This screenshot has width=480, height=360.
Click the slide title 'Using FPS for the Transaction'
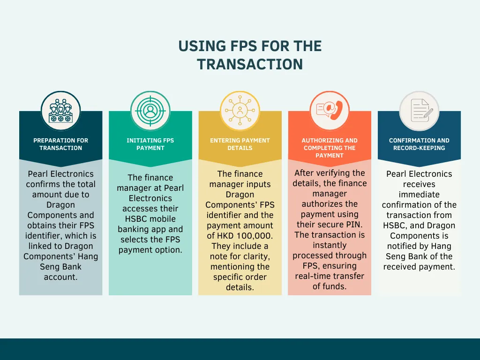250,55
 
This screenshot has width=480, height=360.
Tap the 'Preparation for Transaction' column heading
60,144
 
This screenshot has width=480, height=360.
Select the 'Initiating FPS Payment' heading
150,144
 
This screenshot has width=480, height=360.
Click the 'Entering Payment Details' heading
240,144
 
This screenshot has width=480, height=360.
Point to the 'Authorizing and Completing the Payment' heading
329,148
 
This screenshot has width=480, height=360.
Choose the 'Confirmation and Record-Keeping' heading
419,144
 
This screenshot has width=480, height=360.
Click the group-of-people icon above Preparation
60,111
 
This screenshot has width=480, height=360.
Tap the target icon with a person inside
150,111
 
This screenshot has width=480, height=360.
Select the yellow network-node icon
240,111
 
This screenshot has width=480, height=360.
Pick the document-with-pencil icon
419,111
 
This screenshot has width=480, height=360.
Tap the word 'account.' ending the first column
60,277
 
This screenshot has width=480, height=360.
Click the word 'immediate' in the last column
419,195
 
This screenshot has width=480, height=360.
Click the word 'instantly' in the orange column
329,245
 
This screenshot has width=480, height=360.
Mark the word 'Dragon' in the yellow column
240,195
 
